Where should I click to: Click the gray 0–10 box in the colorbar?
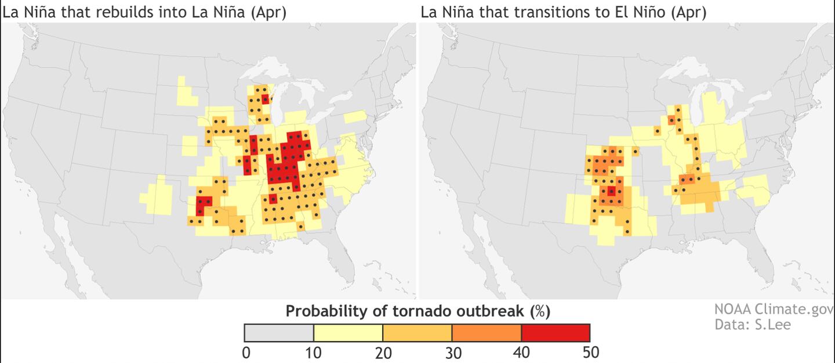pyautogui.click(x=279, y=333)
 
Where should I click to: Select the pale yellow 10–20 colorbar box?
pyautogui.click(x=348, y=333)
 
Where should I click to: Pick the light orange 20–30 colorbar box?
pyautogui.click(x=417, y=333)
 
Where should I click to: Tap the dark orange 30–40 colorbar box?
pyautogui.click(x=487, y=333)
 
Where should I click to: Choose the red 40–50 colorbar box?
pyautogui.click(x=556, y=333)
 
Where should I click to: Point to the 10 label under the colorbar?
pyautogui.click(x=314, y=353)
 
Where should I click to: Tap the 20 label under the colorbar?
pyautogui.click(x=383, y=353)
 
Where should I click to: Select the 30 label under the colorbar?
pyautogui.click(x=452, y=353)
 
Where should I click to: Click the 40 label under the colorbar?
pyautogui.click(x=521, y=353)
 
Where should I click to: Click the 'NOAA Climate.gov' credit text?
pyautogui.click(x=774, y=310)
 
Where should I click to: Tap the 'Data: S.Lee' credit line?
pyautogui.click(x=752, y=325)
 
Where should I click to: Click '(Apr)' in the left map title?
pyautogui.click(x=268, y=12)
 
